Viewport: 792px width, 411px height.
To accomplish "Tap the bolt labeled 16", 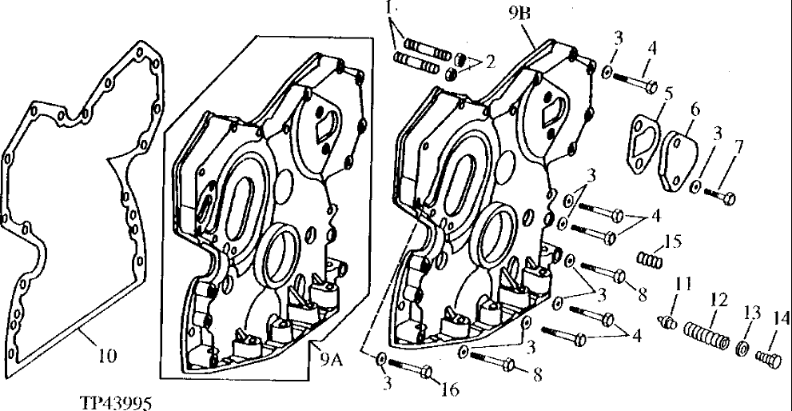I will tap(411, 369).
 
